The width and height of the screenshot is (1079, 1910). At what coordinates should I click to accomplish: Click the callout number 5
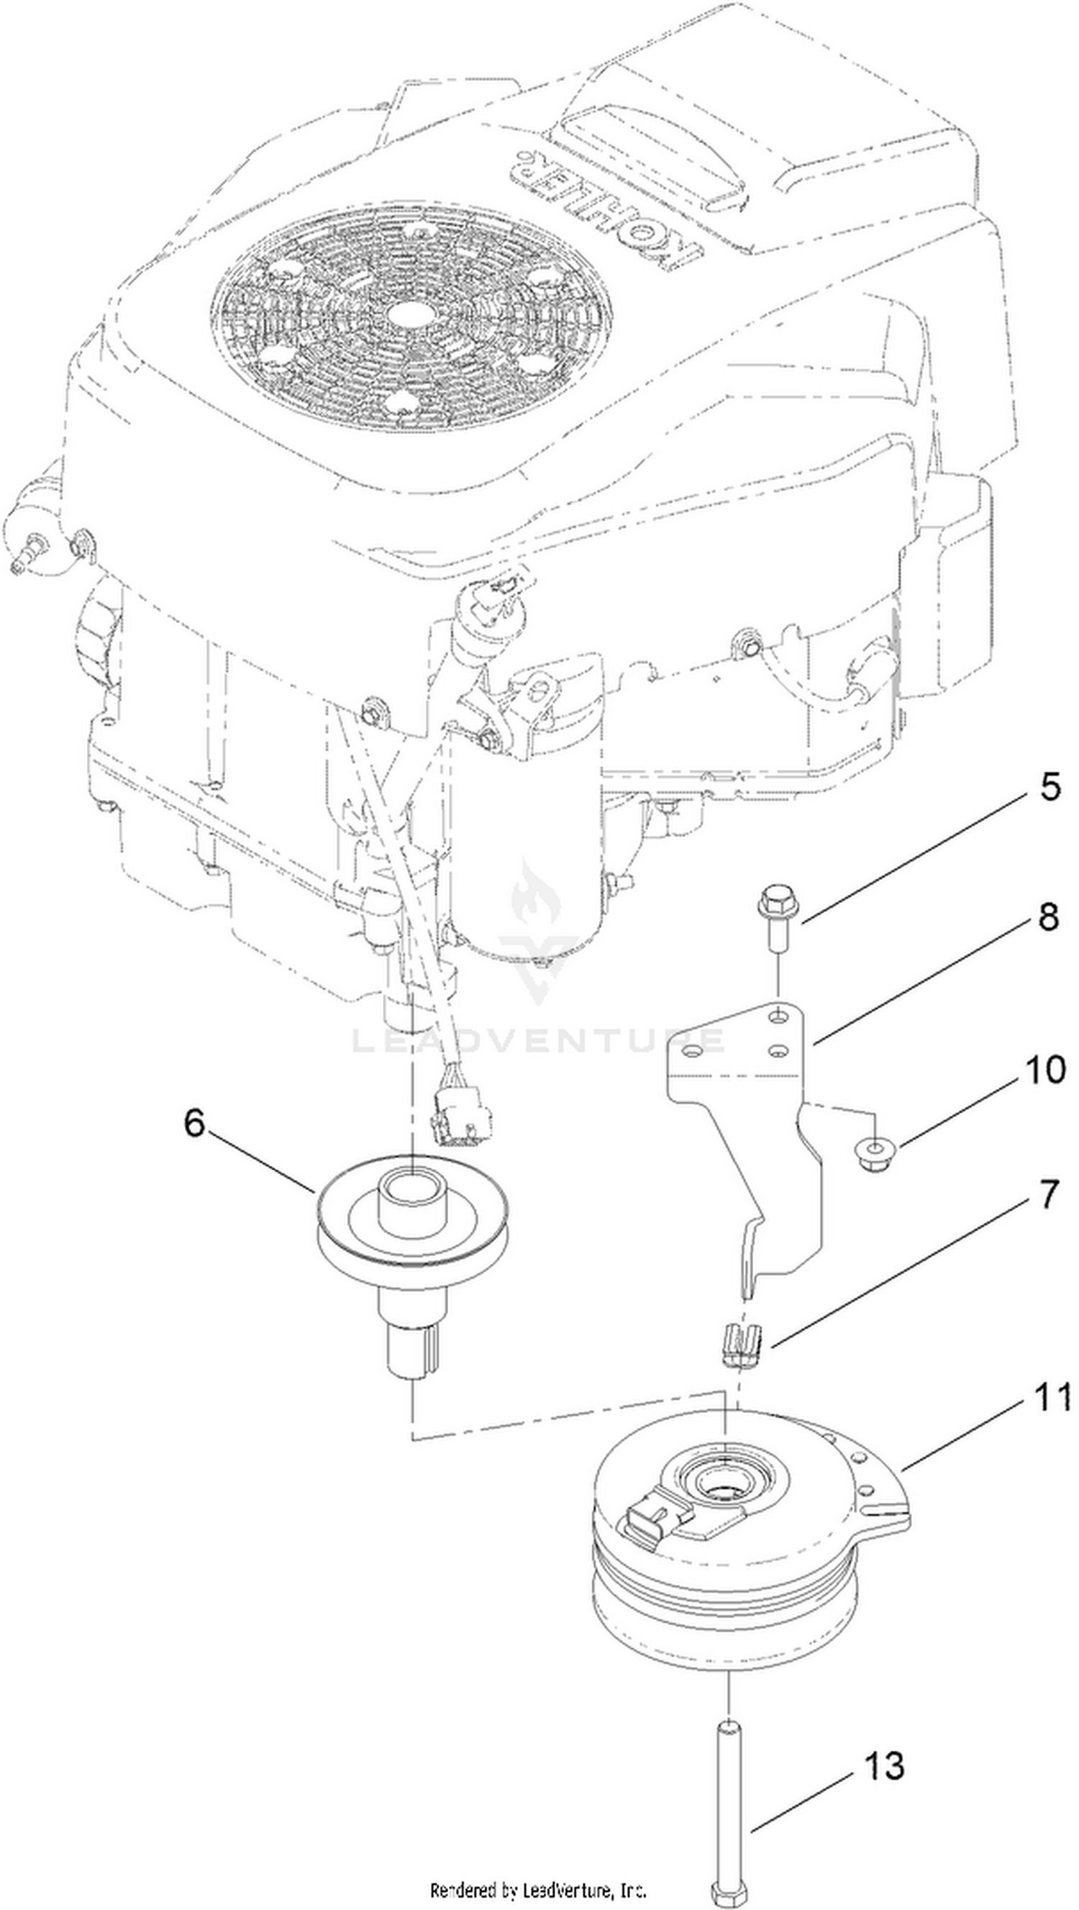(1050, 787)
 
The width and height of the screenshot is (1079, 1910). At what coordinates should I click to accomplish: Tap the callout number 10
(1046, 1070)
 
